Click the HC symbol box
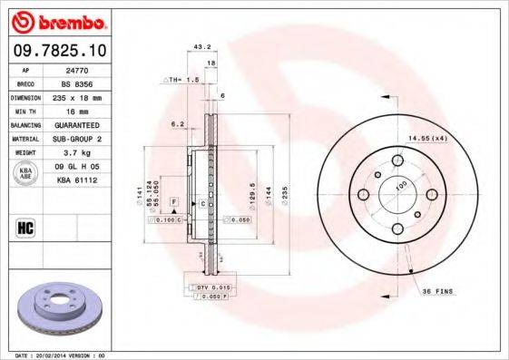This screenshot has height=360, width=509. tap(25, 226)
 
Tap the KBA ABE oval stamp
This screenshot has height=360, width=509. tap(26, 173)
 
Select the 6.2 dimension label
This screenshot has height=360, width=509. tap(177, 123)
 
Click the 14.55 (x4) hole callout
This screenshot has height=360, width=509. tap(428, 137)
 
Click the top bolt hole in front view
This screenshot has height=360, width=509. tap(397, 161)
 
